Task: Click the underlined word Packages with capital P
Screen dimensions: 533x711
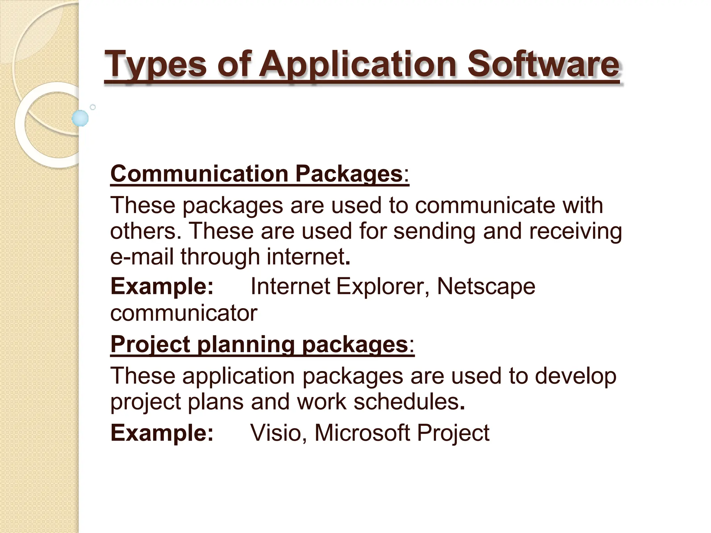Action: click(x=349, y=174)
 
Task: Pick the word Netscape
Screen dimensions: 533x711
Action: click(x=486, y=287)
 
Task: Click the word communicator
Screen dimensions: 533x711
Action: click(x=184, y=313)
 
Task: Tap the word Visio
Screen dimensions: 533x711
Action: click(x=276, y=433)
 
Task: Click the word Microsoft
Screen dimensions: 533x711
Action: click(x=362, y=433)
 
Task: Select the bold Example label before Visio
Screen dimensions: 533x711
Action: click(x=162, y=433)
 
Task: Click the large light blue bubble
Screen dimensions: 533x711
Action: click(x=80, y=118)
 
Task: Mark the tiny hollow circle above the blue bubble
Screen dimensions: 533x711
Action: click(x=93, y=107)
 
